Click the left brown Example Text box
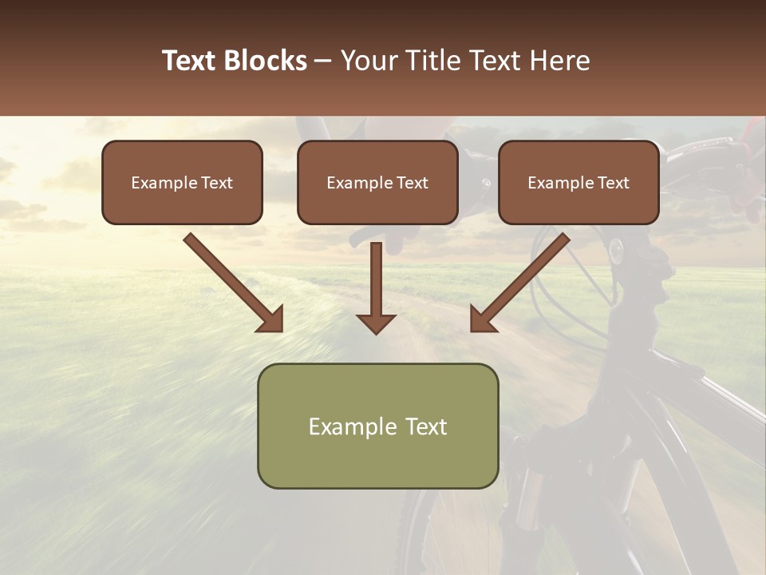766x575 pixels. tap(182, 182)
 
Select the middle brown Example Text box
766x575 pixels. tap(377, 182)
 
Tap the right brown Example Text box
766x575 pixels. tap(578, 182)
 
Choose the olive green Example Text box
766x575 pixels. tap(377, 426)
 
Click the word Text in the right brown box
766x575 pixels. tap(614, 183)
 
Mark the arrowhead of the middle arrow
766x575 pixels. tap(376, 323)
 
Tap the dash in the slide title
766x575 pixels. tap(322, 61)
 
